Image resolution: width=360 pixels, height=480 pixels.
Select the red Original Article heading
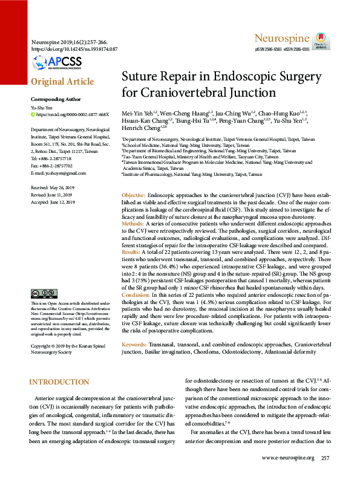[62, 82]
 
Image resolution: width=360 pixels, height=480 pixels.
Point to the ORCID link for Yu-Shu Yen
[73, 114]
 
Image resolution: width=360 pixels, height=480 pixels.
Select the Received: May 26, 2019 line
[53, 188]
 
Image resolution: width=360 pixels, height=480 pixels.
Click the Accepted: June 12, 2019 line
[53, 203]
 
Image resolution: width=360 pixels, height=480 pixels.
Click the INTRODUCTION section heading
[59, 382]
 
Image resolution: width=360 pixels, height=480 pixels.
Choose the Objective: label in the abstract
[134, 196]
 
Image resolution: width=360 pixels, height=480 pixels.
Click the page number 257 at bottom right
[326, 458]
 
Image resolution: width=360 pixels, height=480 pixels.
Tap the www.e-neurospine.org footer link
[280, 458]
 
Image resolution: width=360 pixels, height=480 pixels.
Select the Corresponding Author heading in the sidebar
[55, 99]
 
